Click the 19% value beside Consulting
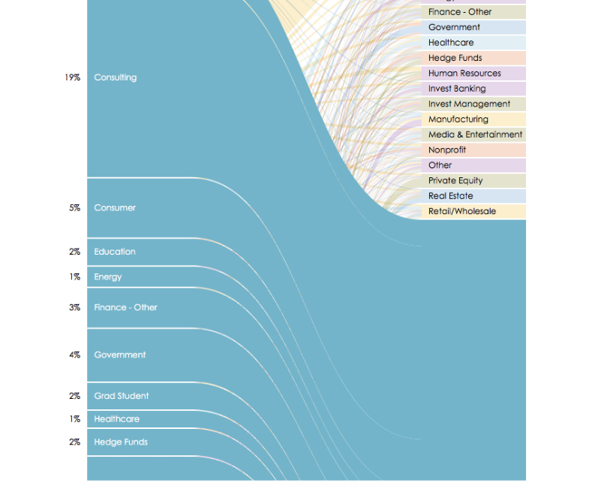point(72,77)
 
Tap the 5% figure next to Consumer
point(74,208)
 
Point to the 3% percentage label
point(74,308)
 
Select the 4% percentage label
point(74,355)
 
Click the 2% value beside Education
point(74,252)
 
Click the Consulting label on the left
point(115,77)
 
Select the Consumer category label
point(115,208)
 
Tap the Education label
point(115,252)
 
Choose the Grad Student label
point(121,397)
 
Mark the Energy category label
point(107,277)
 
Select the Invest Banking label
point(457,89)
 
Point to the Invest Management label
point(469,104)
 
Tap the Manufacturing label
point(458,119)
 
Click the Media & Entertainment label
point(475,134)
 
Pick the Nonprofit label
point(447,150)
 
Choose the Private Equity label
point(455,181)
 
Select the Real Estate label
point(450,196)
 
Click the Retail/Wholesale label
point(462,212)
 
